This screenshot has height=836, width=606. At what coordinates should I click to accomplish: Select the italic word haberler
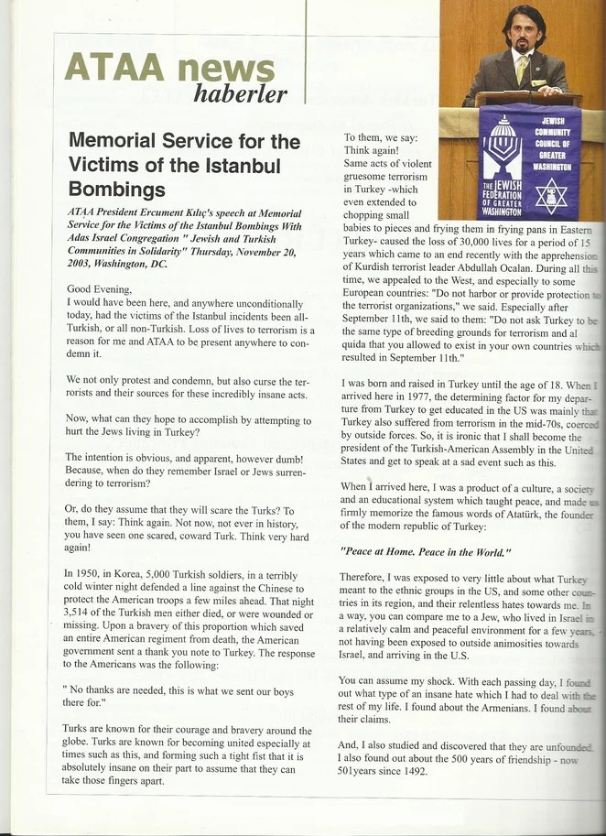point(241,93)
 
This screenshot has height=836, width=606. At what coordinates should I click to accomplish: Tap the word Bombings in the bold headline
point(116,190)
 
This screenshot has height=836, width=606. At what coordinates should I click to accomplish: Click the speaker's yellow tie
point(521,68)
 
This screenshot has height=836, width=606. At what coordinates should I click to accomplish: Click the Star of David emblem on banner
point(550,195)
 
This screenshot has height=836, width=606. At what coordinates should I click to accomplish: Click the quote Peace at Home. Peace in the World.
point(425,552)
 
